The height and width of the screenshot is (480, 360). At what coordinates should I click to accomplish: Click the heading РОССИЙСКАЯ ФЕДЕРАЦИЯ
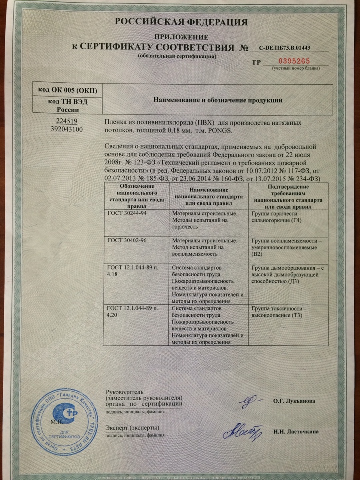tap(181, 22)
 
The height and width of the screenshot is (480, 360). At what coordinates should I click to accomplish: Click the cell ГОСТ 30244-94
tap(124, 213)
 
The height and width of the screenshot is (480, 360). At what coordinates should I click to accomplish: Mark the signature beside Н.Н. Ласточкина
tap(242, 431)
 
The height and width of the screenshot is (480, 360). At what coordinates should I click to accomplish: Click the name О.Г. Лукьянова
tap(294, 401)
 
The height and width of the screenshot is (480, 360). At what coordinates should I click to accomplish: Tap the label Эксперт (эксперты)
tap(133, 428)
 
